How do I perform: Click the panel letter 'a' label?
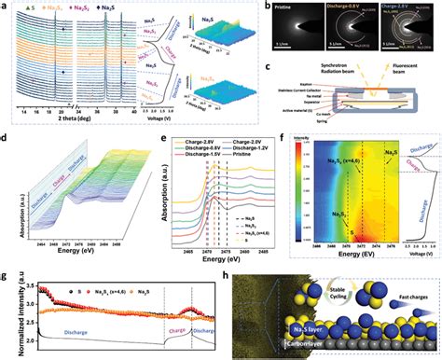(7, 6)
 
